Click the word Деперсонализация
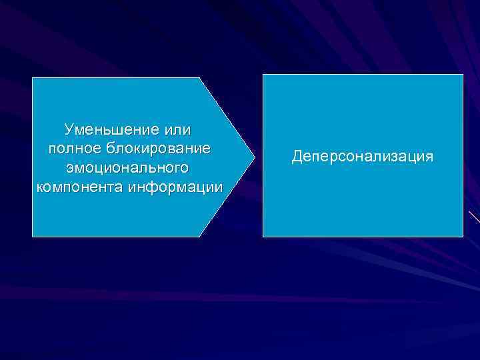363,157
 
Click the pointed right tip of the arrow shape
255,157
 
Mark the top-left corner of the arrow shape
33,78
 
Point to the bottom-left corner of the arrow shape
33,237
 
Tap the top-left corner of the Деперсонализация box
263,74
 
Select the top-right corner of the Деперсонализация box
463,74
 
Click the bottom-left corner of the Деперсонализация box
263,237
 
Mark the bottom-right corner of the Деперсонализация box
463,237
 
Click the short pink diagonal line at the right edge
474,217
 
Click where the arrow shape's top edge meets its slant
200,78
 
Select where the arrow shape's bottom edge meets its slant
200,237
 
